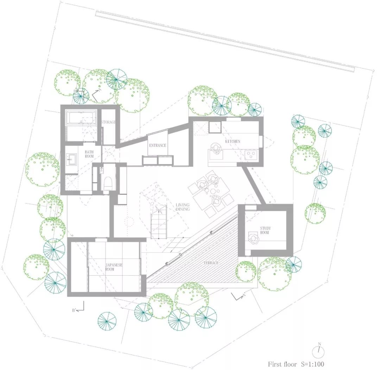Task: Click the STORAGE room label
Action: tap(108, 122)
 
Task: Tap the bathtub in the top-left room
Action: tap(81, 118)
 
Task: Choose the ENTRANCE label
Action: tap(157, 145)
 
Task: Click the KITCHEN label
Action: tap(233, 141)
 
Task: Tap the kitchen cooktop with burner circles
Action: tap(252, 154)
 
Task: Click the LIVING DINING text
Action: tap(183, 207)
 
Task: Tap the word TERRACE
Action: tap(211, 263)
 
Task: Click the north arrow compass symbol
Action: tap(319, 350)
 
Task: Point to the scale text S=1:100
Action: tap(311, 364)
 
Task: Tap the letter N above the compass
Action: tap(319, 344)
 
